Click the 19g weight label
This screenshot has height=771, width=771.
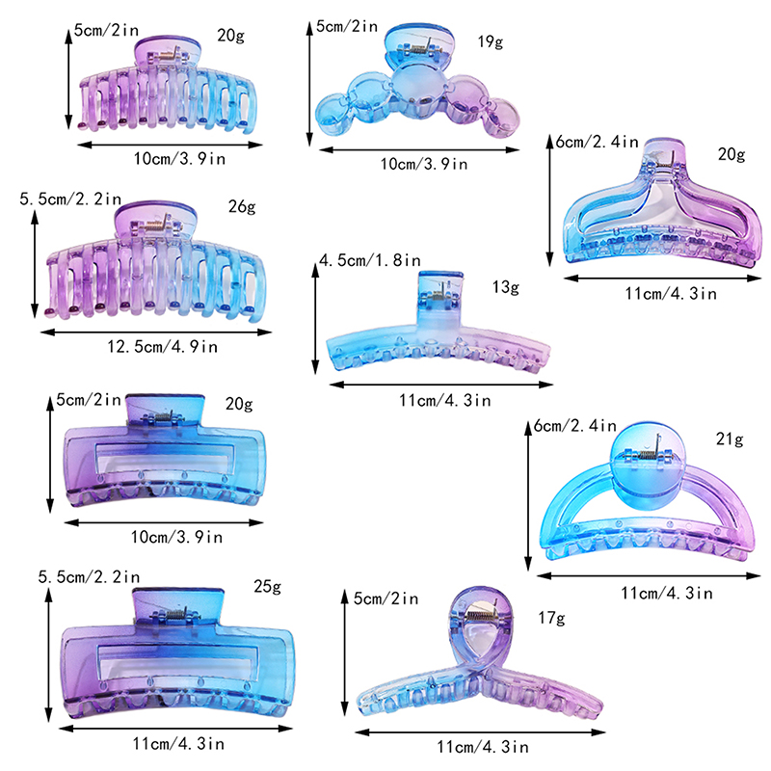coord(491,41)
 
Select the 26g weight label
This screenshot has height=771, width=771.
coord(242,206)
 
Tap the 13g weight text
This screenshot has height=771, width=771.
coord(505,287)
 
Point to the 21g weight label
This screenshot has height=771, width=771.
coord(730,439)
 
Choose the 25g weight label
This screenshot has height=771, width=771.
coord(268,586)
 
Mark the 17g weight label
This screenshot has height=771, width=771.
coord(551,618)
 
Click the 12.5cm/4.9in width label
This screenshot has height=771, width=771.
coord(162,347)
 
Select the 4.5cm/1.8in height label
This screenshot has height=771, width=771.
coord(370,260)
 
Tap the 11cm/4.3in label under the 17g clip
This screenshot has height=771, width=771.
coord(483,748)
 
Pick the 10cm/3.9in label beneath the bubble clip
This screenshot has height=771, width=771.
coord(424,164)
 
